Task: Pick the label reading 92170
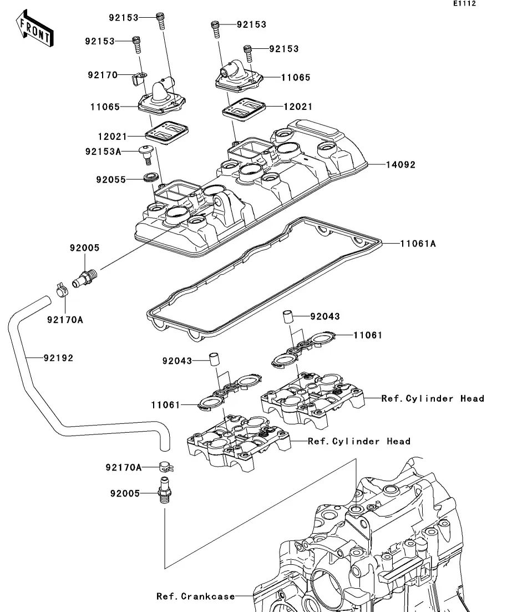click(x=102, y=74)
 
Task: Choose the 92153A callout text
click(x=103, y=150)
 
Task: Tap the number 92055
click(x=110, y=180)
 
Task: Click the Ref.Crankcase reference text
click(x=195, y=596)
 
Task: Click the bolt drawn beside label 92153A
click(x=147, y=154)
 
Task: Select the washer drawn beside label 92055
click(x=149, y=178)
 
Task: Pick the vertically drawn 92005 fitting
click(x=164, y=489)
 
